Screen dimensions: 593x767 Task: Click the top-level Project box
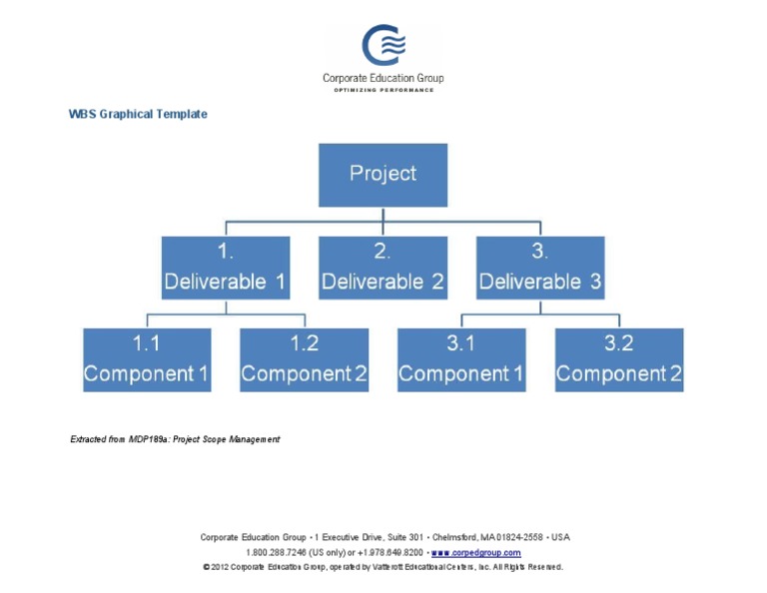[x=383, y=175]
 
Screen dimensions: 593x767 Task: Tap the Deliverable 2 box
[x=383, y=268]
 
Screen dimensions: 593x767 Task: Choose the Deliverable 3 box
[x=540, y=268]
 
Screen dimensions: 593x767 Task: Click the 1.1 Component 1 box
[x=147, y=359]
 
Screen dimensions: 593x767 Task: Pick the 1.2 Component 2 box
[x=304, y=359]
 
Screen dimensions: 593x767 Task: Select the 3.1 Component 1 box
[x=461, y=359]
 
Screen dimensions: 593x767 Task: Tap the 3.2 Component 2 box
[x=619, y=359]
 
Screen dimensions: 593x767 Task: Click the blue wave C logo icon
[x=383, y=45]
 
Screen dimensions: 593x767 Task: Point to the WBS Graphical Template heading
[x=138, y=114]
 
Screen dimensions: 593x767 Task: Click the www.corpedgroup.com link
[x=475, y=552]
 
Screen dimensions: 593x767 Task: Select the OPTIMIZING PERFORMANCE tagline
[x=383, y=90]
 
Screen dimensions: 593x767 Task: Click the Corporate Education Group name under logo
[x=383, y=78]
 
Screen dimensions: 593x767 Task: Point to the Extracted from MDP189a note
[x=175, y=439]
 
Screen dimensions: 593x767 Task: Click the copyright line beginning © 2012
[x=383, y=567]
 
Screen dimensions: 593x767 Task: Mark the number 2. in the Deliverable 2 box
[x=383, y=252]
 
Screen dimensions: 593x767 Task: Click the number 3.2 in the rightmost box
[x=619, y=343]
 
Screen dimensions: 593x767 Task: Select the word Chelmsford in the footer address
[x=454, y=537]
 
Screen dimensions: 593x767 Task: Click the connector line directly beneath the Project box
[x=383, y=215]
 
